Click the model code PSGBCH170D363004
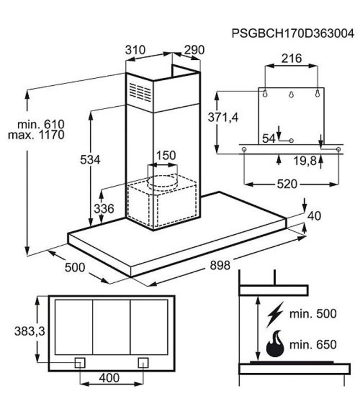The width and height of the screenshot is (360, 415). tap(293, 33)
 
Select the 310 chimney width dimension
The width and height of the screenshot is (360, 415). tap(135, 50)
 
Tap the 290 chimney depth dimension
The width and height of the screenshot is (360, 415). tap(194, 50)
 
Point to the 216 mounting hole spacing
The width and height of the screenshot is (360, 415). tap(291, 58)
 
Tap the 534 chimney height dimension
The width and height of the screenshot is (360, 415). tap(89, 160)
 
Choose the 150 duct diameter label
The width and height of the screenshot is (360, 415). tap(164, 155)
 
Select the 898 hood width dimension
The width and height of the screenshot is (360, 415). tap(220, 265)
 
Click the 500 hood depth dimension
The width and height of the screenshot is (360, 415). tap(75, 267)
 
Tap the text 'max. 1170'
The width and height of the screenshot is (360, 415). tap(36, 135)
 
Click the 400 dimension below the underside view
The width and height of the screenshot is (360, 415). tap(111, 378)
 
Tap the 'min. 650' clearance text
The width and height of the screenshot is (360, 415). tap(313, 345)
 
